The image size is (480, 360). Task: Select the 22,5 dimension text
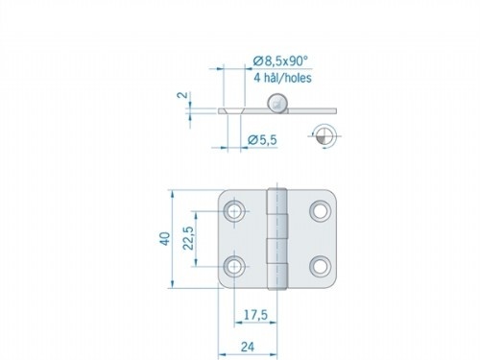pos(190,236)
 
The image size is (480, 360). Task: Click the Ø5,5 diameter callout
pos(262,141)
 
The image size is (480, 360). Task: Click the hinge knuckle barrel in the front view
pos(279,237)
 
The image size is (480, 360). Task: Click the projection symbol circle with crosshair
pos(324,135)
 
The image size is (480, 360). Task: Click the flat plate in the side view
pos(250,111)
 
